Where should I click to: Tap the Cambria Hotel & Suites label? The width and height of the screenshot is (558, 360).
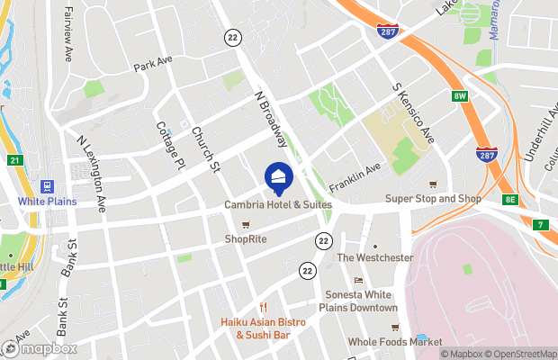pyautogui.click(x=278, y=205)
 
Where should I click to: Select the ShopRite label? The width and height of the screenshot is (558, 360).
pyautogui.click(x=245, y=238)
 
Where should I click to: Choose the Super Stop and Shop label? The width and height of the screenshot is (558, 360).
pyautogui.click(x=433, y=199)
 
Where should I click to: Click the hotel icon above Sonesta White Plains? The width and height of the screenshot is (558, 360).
pyautogui.click(x=358, y=280)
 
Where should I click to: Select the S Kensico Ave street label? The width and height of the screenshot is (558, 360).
pyautogui.click(x=415, y=114)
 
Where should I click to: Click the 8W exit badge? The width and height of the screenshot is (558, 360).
pyautogui.click(x=461, y=95)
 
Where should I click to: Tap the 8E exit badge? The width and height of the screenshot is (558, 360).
pyautogui.click(x=512, y=200)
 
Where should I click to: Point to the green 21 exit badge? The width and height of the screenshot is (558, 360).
pyautogui.click(x=13, y=160)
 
